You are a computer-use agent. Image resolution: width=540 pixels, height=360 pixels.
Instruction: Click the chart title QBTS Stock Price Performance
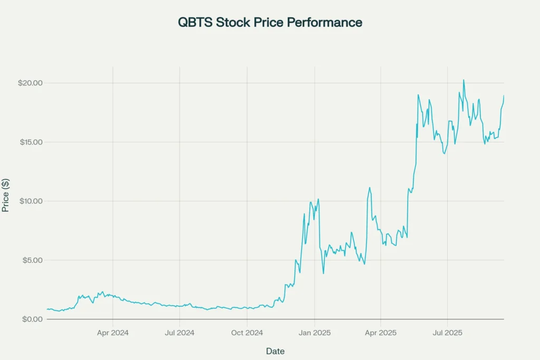point(270,23)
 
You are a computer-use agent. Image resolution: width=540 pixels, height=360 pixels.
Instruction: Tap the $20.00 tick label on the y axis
point(30,83)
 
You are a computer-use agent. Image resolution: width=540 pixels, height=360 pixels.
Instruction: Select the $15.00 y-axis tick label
point(30,142)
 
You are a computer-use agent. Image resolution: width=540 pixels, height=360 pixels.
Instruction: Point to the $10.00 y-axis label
point(30,201)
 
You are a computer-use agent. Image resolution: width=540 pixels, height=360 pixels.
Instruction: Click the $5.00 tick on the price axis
point(32,260)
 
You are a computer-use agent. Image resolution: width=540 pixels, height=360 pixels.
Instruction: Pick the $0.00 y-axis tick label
point(32,319)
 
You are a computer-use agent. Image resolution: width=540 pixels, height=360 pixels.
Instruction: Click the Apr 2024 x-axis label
point(113,333)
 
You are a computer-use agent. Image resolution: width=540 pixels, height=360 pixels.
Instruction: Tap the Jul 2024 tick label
point(180,333)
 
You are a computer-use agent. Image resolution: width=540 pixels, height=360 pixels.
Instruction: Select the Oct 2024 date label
point(247,333)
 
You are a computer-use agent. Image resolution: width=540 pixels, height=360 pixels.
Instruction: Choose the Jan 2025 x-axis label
point(314,333)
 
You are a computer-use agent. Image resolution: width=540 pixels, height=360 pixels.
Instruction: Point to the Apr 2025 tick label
point(381,333)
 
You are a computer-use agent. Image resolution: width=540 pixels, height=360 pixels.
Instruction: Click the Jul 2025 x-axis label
point(447,333)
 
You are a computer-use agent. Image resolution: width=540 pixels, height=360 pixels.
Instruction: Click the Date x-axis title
point(276,351)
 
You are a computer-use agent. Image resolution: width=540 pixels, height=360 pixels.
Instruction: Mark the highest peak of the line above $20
point(464,80)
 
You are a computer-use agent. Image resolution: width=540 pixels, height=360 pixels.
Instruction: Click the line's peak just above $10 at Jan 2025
point(319,199)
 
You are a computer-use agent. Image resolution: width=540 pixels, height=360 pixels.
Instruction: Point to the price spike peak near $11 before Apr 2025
point(370,188)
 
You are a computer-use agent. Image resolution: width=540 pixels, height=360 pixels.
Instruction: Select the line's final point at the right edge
point(504,95)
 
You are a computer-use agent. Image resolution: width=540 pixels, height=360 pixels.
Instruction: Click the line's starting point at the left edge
point(47,309)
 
